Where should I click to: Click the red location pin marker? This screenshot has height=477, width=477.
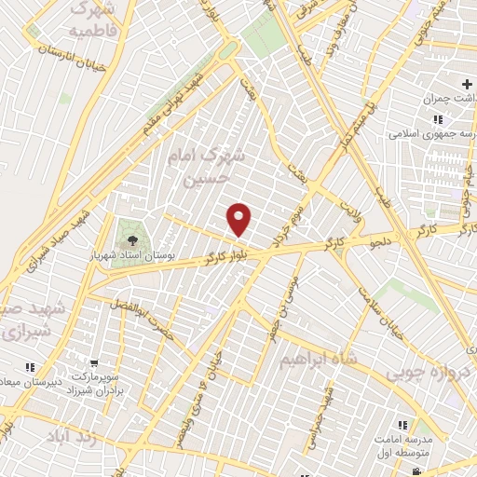(240, 219)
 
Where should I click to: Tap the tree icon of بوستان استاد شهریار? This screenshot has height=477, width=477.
(126, 227)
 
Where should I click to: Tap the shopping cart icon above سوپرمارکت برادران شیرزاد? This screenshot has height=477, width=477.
(95, 362)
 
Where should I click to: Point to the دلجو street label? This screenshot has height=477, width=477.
(386, 244)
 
